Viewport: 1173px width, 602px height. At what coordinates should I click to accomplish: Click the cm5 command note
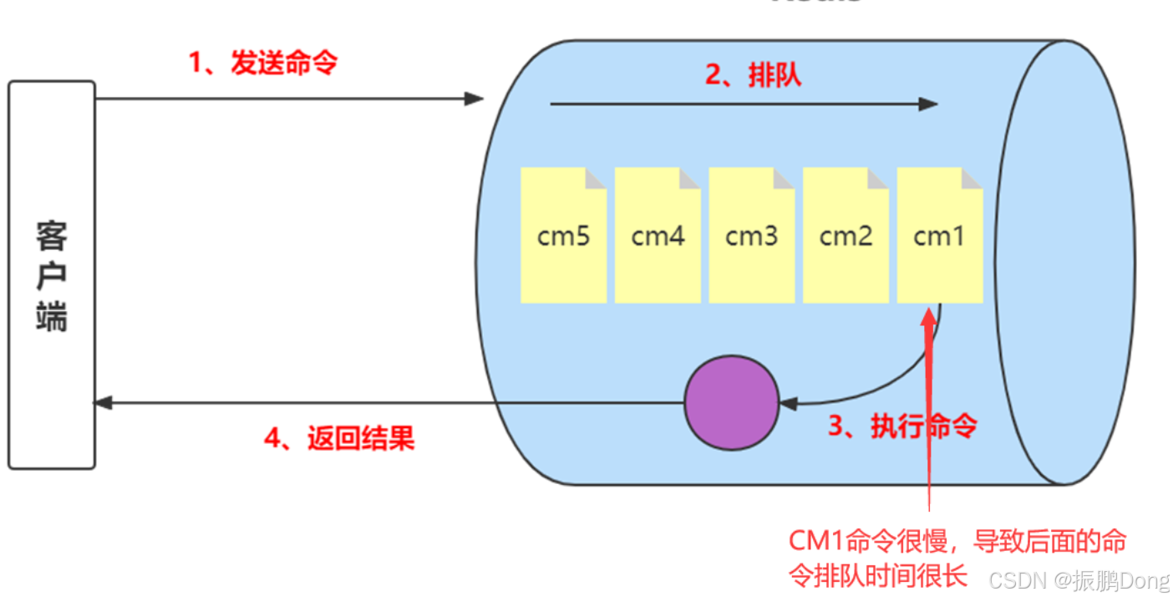point(563,236)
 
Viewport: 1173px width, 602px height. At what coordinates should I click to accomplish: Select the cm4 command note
point(658,236)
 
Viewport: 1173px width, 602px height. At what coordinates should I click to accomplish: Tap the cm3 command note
point(752,236)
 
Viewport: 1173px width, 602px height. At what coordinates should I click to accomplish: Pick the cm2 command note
point(845,236)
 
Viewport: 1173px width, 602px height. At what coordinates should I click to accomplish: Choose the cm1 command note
point(939,236)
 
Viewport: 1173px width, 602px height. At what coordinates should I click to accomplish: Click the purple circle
point(731,403)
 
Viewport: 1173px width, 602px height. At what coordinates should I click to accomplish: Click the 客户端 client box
point(52,274)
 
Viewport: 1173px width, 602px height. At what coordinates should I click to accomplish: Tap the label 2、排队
point(753,75)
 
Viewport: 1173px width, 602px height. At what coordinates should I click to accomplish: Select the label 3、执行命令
point(902,426)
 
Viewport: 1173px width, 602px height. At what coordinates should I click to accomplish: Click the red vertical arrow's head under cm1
point(928,316)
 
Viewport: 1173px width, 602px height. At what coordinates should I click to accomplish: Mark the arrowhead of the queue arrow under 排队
point(929,105)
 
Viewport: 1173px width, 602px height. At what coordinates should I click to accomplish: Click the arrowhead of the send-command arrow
point(475,99)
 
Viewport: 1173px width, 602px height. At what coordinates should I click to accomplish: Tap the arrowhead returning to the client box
point(103,403)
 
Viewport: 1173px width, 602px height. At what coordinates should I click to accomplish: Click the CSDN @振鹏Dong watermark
point(1078,579)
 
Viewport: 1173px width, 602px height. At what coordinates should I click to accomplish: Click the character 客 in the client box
point(52,237)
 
